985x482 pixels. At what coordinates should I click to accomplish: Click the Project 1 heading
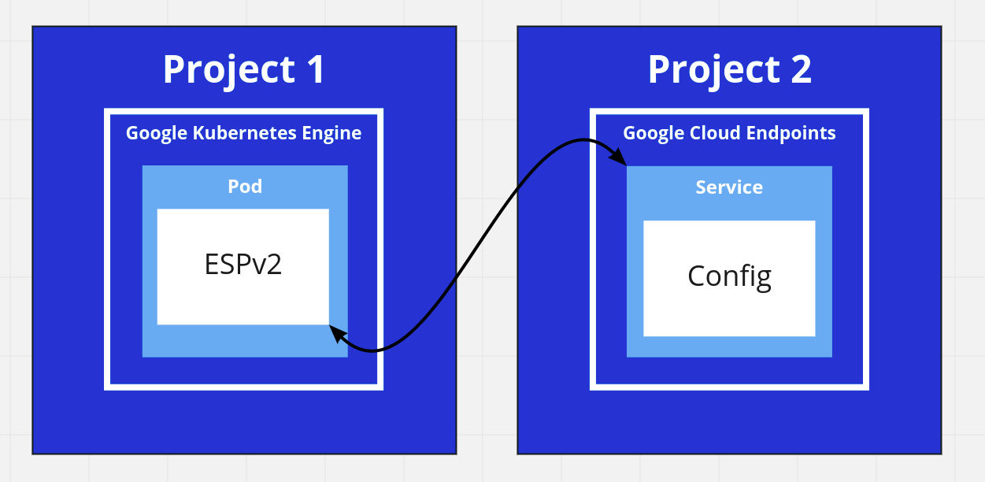tap(243, 69)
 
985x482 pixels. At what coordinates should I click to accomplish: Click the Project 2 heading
tap(729, 69)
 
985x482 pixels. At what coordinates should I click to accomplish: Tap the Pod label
tap(245, 187)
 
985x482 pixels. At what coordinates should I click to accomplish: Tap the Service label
tap(729, 187)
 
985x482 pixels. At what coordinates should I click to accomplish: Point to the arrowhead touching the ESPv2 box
tap(336, 333)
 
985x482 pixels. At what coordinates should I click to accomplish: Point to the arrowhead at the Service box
tap(619, 158)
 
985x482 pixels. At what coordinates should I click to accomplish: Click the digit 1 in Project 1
tap(313, 69)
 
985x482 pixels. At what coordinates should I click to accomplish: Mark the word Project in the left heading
tap(219, 69)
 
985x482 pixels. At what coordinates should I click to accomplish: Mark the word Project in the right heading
tap(704, 69)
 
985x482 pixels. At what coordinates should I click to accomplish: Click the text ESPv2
tap(243, 264)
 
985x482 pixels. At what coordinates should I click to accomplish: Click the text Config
tap(728, 276)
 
